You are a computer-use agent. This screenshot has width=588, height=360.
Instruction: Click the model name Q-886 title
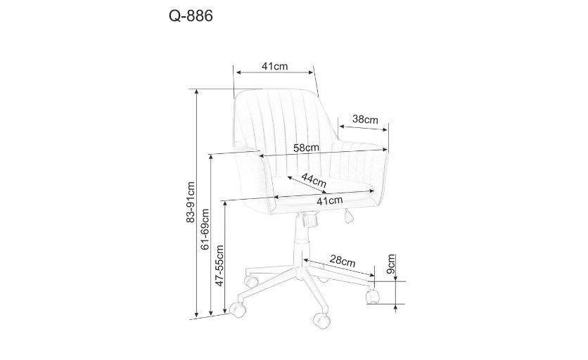(191, 16)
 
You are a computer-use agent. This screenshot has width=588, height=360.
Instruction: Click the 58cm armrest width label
(306, 148)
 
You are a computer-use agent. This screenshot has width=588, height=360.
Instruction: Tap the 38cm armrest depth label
(365, 120)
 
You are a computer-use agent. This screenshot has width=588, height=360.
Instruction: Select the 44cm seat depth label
(314, 181)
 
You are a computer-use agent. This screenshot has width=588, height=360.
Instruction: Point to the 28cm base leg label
(343, 260)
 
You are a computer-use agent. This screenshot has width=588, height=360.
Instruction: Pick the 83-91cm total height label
(191, 202)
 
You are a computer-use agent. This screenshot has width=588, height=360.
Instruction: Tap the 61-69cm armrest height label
(205, 229)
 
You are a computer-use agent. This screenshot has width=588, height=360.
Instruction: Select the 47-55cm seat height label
(219, 266)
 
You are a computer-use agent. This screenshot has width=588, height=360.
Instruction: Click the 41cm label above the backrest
(275, 66)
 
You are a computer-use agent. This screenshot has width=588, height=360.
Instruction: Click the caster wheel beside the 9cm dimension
(372, 296)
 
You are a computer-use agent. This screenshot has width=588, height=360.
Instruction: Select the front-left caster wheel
(237, 309)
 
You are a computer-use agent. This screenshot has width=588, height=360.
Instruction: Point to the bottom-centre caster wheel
(321, 321)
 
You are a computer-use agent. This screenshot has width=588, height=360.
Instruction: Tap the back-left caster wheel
(251, 280)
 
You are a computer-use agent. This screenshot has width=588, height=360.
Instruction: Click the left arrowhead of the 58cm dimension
(262, 155)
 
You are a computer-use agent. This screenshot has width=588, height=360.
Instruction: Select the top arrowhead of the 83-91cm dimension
(196, 92)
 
